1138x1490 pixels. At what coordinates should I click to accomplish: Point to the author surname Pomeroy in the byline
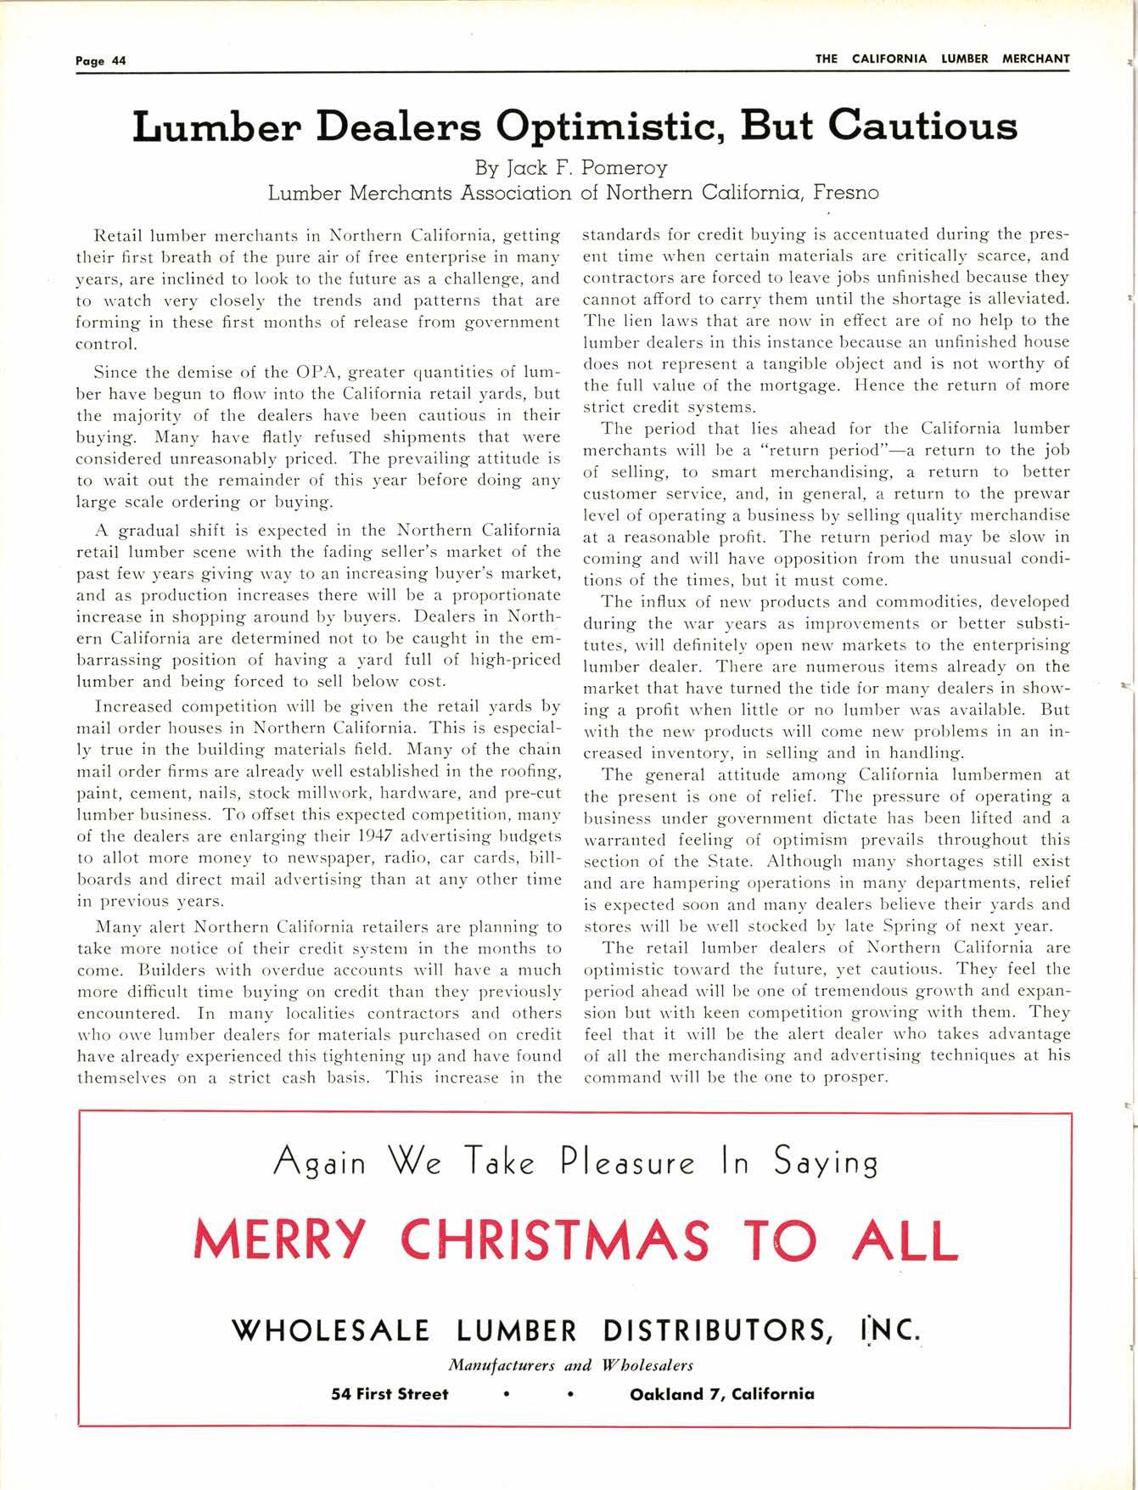tap(625, 167)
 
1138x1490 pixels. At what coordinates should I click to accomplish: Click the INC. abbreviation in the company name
tap(888, 1329)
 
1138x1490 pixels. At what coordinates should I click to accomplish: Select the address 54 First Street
tap(390, 1393)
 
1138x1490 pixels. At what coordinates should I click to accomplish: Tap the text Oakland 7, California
tap(722, 1393)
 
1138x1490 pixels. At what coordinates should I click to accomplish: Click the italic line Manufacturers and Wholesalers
tap(570, 1365)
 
